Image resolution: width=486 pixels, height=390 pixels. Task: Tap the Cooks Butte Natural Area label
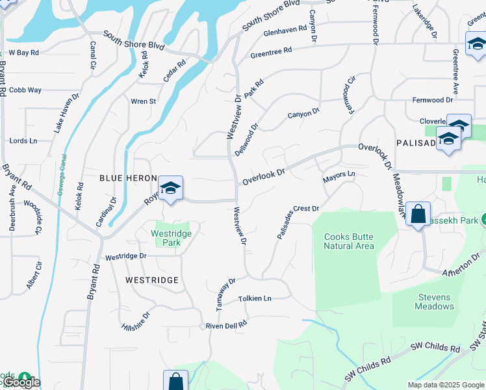pyautogui.click(x=349, y=241)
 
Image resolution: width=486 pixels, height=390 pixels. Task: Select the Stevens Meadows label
pyautogui.click(x=434, y=302)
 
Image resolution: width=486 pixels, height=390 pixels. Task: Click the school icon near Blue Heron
pyautogui.click(x=171, y=188)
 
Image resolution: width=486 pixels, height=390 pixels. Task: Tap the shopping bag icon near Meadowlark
pyautogui.click(x=418, y=214)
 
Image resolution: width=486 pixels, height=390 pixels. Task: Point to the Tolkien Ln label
pyautogui.click(x=254, y=298)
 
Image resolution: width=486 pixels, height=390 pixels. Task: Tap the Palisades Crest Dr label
pyautogui.click(x=298, y=222)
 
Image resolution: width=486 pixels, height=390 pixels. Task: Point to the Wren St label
pyautogui.click(x=143, y=101)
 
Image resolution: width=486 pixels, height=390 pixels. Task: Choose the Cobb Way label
pyautogui.click(x=25, y=90)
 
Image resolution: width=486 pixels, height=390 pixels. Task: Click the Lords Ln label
pyautogui.click(x=23, y=140)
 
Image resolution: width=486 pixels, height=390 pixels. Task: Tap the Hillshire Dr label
pyautogui.click(x=136, y=321)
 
